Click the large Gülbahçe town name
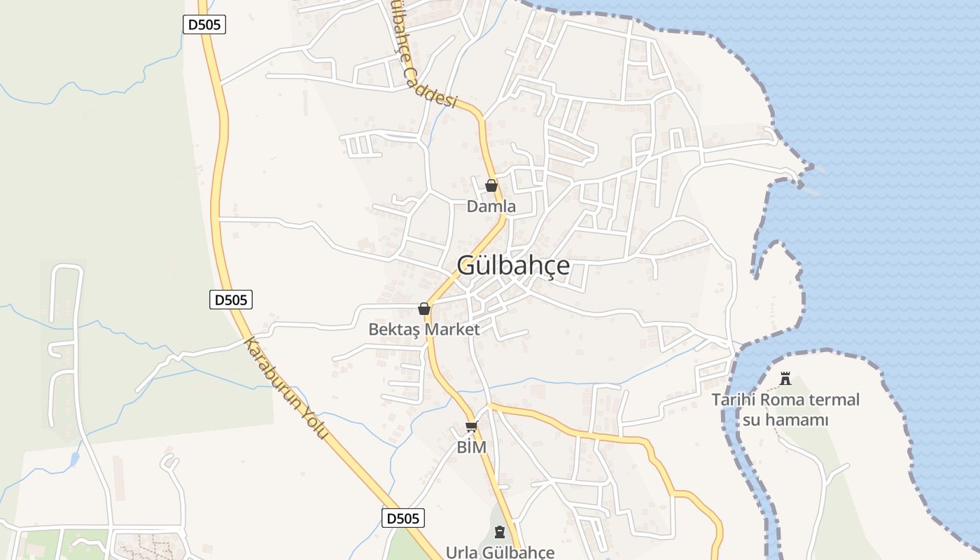coord(513,266)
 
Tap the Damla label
coord(491,206)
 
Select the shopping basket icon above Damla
coord(491,185)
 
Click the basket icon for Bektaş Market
coord(423,309)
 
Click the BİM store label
coord(471,447)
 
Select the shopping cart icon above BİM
coord(471,427)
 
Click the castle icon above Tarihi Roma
coord(785,379)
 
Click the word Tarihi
coord(734,400)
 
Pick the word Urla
coord(463,552)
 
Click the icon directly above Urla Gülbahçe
coord(499,532)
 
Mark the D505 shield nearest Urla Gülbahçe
coord(403,518)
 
